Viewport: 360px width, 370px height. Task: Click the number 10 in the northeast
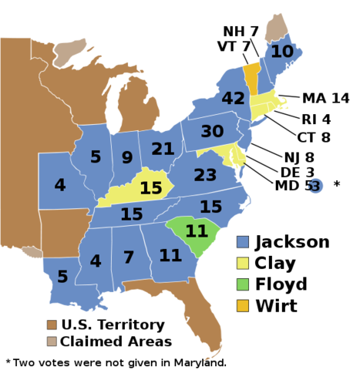click(x=282, y=52)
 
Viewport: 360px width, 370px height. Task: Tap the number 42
click(x=233, y=99)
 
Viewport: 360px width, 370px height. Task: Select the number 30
click(x=212, y=132)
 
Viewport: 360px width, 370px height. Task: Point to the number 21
click(x=163, y=149)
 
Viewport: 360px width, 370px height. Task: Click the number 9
click(x=127, y=158)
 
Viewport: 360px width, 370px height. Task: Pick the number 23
click(x=205, y=175)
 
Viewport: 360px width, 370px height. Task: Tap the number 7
click(x=129, y=257)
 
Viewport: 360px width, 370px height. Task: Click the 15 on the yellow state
click(x=150, y=188)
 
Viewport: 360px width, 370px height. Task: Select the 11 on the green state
click(x=197, y=231)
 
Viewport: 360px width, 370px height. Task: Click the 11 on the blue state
click(x=170, y=255)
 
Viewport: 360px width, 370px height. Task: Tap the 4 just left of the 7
click(x=96, y=261)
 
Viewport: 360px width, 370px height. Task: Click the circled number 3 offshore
click(x=315, y=186)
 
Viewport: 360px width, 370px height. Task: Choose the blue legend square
click(x=243, y=241)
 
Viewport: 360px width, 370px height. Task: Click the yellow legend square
click(x=243, y=263)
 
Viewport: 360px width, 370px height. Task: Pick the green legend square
click(x=243, y=284)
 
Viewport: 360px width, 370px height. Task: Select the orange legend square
click(x=243, y=306)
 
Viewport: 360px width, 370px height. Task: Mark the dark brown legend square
click(x=52, y=325)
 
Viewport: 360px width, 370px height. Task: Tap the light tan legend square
click(x=52, y=341)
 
